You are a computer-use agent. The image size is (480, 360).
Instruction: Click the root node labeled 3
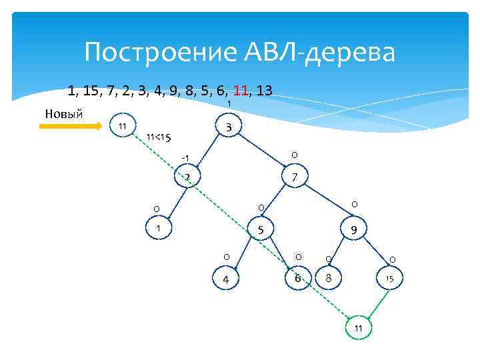point(229,127)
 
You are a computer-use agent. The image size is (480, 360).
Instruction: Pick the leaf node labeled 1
point(159,228)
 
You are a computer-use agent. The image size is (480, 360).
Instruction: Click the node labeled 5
point(262,231)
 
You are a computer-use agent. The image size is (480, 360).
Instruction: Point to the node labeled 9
point(353,231)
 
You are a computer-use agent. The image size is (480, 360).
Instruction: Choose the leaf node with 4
point(226,279)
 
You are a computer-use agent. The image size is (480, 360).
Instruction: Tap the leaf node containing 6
point(298,277)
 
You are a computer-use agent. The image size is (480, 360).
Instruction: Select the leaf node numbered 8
point(327,277)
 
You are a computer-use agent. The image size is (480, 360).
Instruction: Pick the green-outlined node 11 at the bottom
point(358,328)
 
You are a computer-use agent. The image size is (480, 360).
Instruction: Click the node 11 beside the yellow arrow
point(122,127)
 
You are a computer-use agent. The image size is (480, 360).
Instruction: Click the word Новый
point(63,113)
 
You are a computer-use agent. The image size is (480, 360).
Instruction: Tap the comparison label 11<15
point(159,138)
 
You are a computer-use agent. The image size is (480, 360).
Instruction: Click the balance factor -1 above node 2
point(186,157)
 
